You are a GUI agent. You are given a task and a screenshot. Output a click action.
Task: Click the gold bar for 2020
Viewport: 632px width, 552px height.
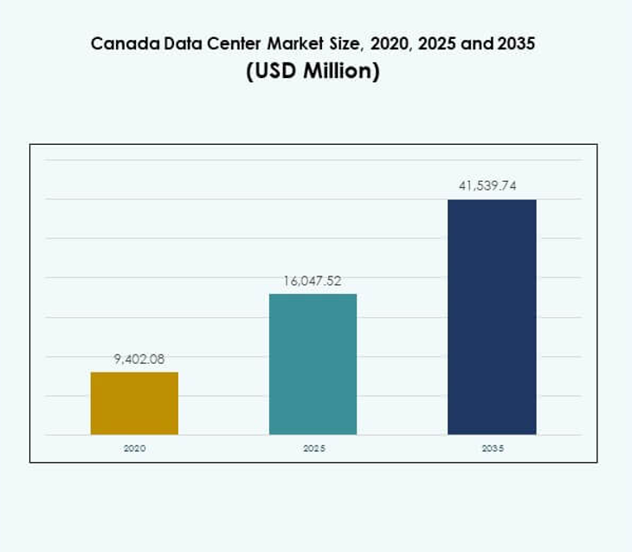pyautogui.click(x=134, y=403)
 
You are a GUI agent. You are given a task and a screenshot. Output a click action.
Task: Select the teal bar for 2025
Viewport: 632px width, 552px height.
pyautogui.click(x=313, y=364)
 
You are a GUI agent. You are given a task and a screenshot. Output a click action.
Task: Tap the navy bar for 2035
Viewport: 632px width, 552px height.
pyautogui.click(x=492, y=316)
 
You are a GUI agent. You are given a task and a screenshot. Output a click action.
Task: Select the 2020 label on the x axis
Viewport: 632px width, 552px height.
pyautogui.click(x=134, y=449)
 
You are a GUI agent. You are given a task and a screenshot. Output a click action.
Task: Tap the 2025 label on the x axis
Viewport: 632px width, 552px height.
pyautogui.click(x=313, y=449)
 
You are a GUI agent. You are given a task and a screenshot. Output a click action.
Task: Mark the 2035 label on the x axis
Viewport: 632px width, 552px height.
pyautogui.click(x=492, y=449)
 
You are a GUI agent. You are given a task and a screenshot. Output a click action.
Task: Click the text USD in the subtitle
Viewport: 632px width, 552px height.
pyautogui.click(x=274, y=72)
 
